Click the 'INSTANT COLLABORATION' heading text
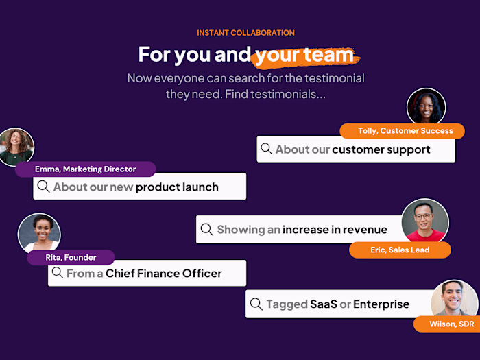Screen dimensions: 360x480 (x=245, y=32)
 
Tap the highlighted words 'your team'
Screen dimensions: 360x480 (x=304, y=54)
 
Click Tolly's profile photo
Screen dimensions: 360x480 (x=427, y=108)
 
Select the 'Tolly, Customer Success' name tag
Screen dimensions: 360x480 (x=401, y=130)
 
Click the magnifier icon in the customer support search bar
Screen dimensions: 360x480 (x=266, y=149)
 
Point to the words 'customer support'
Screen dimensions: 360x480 (x=381, y=149)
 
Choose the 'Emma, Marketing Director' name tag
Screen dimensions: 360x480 (x=86, y=169)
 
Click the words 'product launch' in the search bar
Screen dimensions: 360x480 (x=177, y=187)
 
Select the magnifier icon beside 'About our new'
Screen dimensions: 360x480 (x=44, y=187)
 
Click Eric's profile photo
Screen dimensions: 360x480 (x=425, y=221)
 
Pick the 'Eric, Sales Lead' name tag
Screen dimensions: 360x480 (x=400, y=250)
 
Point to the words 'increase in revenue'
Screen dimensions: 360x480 (x=335, y=230)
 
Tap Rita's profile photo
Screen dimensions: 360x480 (x=39, y=234)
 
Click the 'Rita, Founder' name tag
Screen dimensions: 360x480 (x=71, y=257)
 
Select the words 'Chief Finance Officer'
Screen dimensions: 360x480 (x=164, y=273)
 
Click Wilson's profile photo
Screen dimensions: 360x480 (x=455, y=298)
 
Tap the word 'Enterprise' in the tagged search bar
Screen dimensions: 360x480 (x=381, y=304)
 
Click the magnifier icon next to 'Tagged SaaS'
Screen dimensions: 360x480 (x=256, y=304)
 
